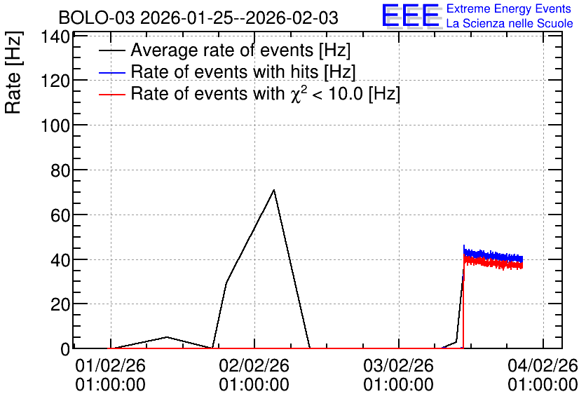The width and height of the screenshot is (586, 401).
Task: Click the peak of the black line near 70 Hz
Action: coord(274,190)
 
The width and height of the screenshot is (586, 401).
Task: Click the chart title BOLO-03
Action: coord(97,18)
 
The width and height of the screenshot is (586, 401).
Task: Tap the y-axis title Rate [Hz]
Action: coord(13,72)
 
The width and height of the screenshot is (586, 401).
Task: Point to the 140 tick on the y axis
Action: coord(55,36)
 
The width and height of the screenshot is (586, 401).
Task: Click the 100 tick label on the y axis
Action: coord(55,125)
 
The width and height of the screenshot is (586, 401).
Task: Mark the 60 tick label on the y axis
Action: coord(60,215)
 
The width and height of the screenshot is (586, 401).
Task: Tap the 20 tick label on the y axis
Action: coord(60,304)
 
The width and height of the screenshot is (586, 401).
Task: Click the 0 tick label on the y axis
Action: coord(65,349)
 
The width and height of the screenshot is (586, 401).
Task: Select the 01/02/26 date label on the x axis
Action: coord(110,365)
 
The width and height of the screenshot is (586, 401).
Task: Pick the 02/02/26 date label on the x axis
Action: coord(254,365)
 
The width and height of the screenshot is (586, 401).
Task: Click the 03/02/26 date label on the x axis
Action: coord(398,365)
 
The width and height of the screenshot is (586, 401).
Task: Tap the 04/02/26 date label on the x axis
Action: coord(543,365)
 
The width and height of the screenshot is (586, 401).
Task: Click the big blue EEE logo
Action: coord(410,15)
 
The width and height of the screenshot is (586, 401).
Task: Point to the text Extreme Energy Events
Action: coord(509,8)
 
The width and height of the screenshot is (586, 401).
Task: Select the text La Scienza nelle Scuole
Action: coord(510,23)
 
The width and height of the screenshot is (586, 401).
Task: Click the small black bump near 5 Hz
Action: coord(167,337)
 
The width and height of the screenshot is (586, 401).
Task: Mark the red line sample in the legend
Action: coord(111,94)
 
